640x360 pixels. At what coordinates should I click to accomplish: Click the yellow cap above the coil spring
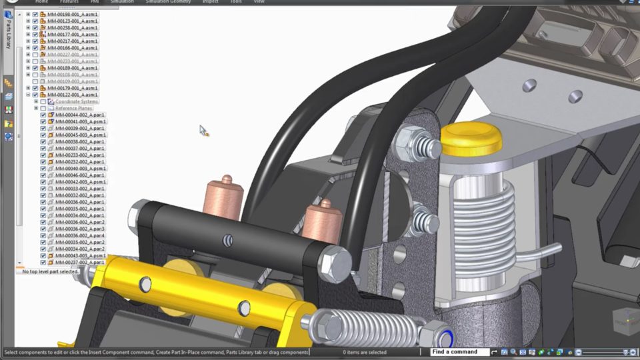click(471, 139)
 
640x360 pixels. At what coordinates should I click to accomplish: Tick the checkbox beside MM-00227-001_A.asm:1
click(35, 55)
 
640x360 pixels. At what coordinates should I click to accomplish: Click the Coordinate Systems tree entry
click(77, 101)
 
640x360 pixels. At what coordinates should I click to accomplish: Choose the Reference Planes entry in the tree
click(73, 108)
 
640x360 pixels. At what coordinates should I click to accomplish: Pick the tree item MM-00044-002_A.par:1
click(80, 115)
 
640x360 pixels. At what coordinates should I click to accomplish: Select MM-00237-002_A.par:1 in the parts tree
click(80, 262)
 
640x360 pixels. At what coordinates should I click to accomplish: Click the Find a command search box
click(459, 352)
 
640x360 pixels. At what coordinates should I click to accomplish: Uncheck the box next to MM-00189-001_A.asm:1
click(35, 68)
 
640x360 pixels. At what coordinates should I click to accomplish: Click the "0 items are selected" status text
click(365, 352)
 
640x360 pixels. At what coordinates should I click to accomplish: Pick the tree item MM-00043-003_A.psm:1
click(80, 255)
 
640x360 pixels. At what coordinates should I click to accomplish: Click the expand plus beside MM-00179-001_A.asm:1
click(28, 88)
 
